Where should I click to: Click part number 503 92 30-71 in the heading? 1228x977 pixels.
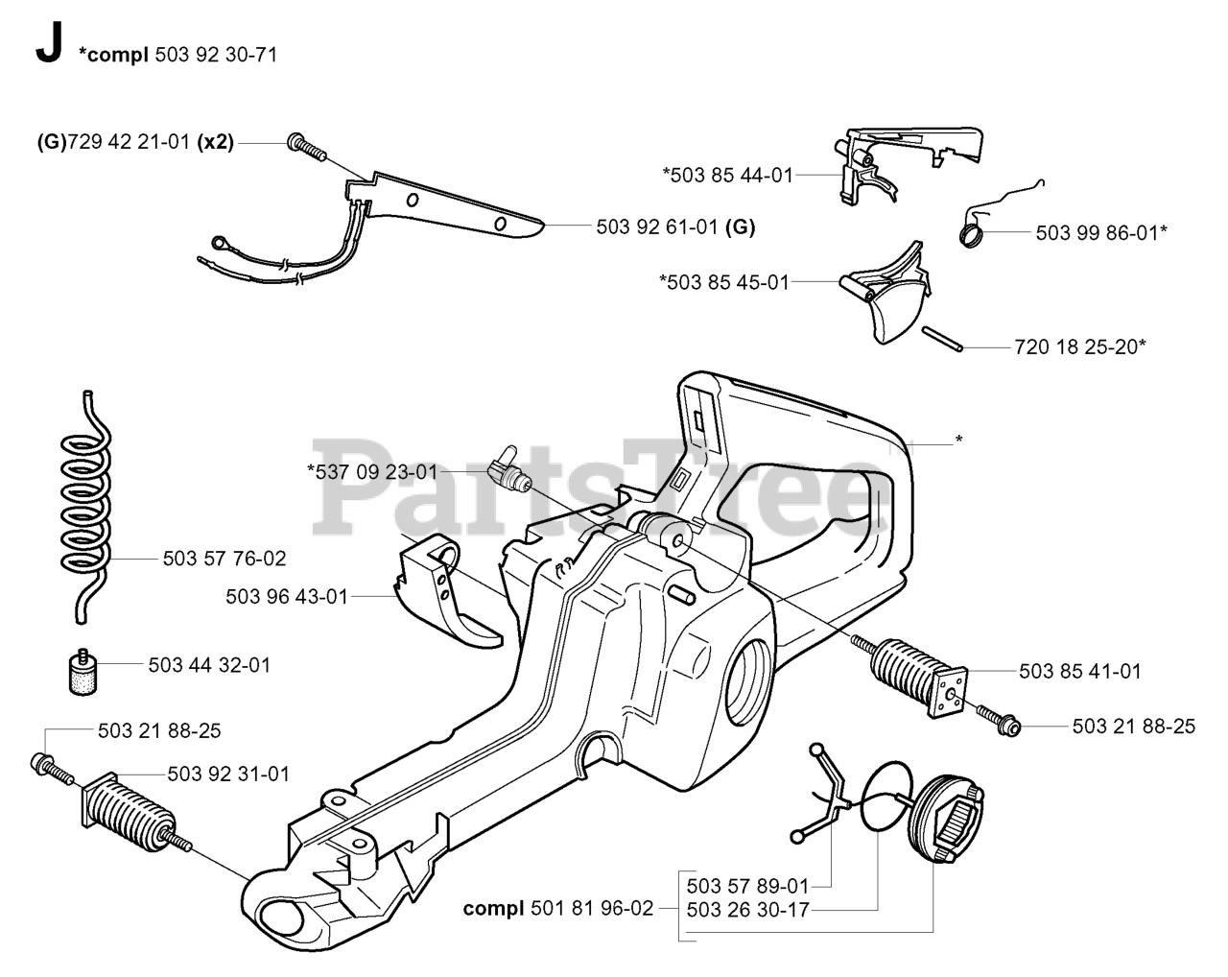click(x=215, y=55)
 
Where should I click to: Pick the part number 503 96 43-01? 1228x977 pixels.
click(x=287, y=596)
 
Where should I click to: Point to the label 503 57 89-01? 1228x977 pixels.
click(x=748, y=885)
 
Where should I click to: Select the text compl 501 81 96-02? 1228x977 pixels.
click(x=557, y=907)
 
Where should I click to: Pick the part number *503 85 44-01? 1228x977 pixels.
click(x=727, y=175)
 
